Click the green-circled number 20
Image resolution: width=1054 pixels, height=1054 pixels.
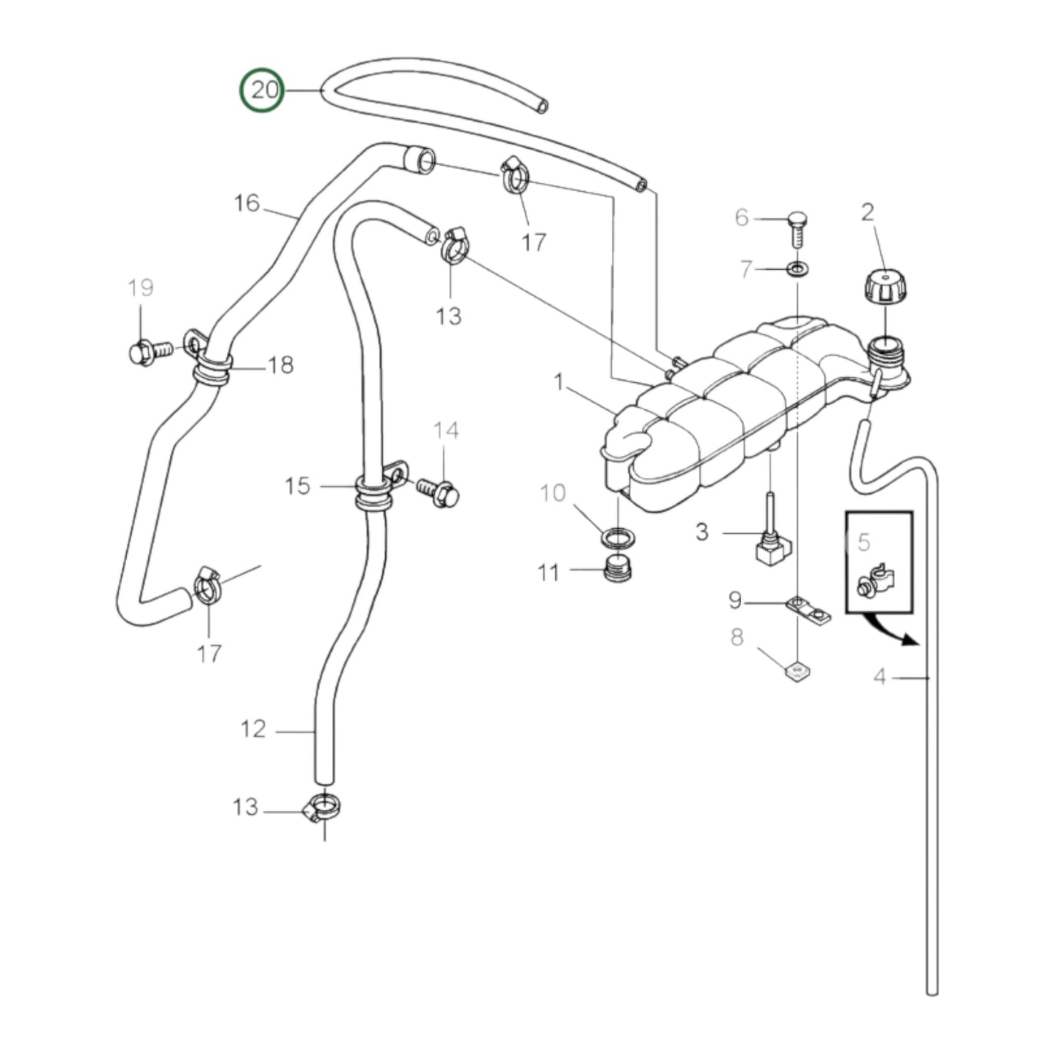(x=263, y=90)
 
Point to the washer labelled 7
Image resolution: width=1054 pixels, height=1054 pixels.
(x=797, y=269)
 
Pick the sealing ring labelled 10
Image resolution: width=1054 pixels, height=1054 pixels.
(x=617, y=538)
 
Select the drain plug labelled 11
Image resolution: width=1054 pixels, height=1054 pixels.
(x=619, y=567)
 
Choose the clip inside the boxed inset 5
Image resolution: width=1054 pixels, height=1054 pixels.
(x=878, y=581)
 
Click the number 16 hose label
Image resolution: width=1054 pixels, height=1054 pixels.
(x=247, y=203)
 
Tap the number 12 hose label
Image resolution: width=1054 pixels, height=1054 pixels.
(x=253, y=729)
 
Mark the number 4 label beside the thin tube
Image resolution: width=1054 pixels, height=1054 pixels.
(x=880, y=678)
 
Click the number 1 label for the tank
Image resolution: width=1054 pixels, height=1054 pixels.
(x=559, y=381)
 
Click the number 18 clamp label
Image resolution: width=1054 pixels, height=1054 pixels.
(x=280, y=365)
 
